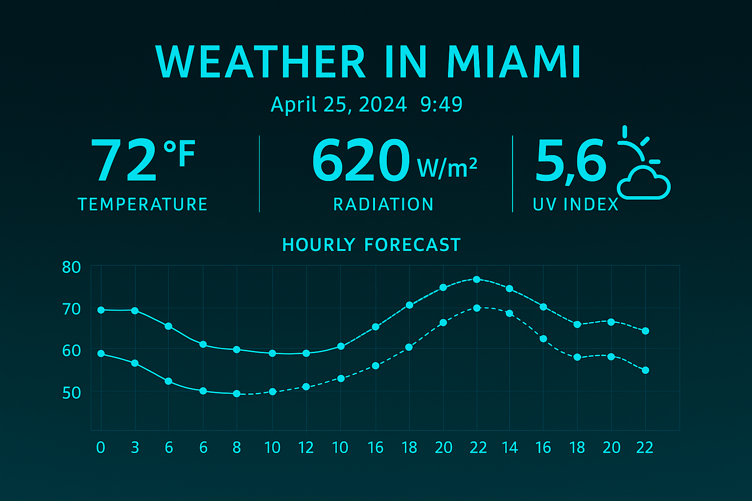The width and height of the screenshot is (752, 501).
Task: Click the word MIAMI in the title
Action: pos(514,62)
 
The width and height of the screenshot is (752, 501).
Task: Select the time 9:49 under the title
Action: pos(441,104)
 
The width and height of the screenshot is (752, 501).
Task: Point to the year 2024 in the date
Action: pos(382,104)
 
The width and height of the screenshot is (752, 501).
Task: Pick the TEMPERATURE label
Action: pos(142,204)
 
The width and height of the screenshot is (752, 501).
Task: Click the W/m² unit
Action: pos(446,168)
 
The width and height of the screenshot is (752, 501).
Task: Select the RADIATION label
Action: pos(383,204)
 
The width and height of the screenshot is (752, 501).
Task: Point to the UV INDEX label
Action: pos(576,204)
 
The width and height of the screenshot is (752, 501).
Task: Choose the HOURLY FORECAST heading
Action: pos(372,245)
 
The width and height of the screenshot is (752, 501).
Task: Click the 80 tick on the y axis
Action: pos(71,268)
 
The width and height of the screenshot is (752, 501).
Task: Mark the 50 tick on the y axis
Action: pos(71,392)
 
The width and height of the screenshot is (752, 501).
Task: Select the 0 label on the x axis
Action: pos(101,447)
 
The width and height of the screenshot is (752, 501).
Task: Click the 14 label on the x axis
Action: pos(510,447)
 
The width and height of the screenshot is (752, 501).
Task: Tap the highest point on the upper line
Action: pos(476,279)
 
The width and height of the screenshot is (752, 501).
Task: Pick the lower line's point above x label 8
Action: pos(237,393)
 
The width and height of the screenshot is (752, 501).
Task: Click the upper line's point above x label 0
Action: pos(101,310)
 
